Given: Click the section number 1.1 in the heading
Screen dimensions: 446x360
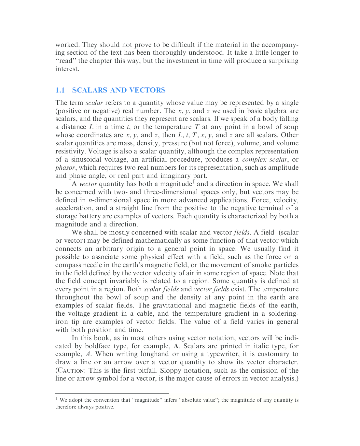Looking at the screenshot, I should pyautogui.click(x=60, y=90).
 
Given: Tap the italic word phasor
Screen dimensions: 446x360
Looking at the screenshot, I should pyautogui.click(x=65, y=168).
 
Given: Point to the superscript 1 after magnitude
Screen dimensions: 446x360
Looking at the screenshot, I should pyautogui.click(x=193, y=182).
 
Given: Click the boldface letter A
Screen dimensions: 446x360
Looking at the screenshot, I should pyautogui.click(x=176, y=346).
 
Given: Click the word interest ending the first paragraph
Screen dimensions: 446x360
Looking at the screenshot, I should pyautogui.click(x=67, y=69).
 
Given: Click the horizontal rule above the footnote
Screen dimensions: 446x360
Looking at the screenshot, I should pyautogui.click(x=112, y=394).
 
